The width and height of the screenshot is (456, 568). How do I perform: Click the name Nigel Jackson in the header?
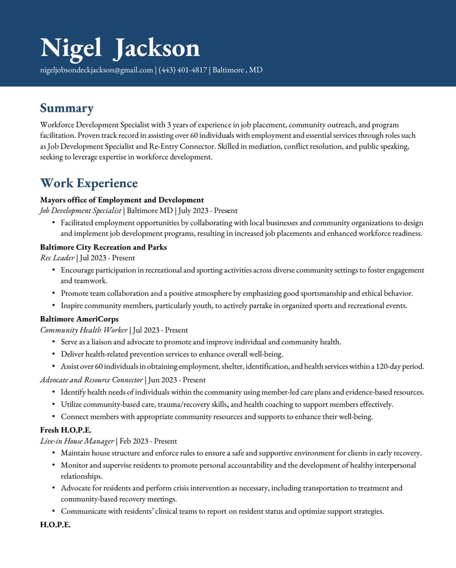(120, 48)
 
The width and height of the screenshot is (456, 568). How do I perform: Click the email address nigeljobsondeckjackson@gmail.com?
(96, 70)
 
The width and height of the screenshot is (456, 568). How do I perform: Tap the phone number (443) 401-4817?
(183, 70)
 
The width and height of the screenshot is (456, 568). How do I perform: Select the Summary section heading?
(66, 108)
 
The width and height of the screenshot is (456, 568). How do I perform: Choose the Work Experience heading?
(88, 183)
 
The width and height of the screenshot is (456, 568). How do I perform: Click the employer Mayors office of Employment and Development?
(122, 200)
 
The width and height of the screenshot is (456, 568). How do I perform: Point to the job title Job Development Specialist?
(80, 210)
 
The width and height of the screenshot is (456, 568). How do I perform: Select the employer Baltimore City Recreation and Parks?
(103, 247)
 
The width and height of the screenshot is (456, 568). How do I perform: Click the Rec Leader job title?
(57, 258)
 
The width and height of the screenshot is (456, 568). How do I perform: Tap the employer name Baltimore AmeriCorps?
(79, 319)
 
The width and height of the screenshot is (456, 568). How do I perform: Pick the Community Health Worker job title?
(84, 330)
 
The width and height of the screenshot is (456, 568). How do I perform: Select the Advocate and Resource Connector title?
(91, 380)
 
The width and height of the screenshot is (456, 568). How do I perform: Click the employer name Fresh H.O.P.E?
(65, 430)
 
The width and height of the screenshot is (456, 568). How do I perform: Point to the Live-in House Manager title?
(77, 441)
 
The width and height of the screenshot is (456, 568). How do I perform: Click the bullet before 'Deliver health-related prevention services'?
(54, 354)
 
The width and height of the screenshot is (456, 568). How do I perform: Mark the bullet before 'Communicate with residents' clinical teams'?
(54, 511)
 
